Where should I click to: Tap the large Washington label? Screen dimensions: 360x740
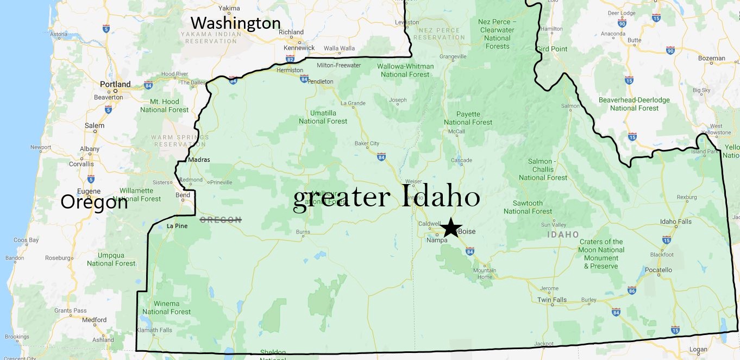click(x=235, y=23)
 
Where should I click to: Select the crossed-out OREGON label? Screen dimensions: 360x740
click(x=221, y=220)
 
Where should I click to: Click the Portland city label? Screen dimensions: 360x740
click(x=115, y=84)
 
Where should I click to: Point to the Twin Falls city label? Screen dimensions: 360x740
click(x=551, y=300)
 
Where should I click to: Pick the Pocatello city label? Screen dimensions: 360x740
click(x=658, y=270)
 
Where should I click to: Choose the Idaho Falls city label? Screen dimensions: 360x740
click(x=675, y=222)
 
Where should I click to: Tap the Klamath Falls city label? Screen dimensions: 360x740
click(x=154, y=330)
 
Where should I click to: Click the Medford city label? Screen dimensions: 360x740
click(x=94, y=320)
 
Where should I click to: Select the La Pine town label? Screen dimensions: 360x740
click(x=177, y=226)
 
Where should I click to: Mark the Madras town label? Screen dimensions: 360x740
click(x=198, y=160)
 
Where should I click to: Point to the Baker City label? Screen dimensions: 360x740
click(x=367, y=144)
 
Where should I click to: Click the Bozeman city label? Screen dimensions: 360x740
click(x=711, y=58)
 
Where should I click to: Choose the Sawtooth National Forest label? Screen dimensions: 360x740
click(x=528, y=207)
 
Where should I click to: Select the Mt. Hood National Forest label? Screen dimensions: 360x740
click(x=164, y=105)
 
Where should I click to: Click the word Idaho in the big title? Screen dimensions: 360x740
click(x=441, y=198)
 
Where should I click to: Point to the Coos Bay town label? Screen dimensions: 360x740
click(x=26, y=240)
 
